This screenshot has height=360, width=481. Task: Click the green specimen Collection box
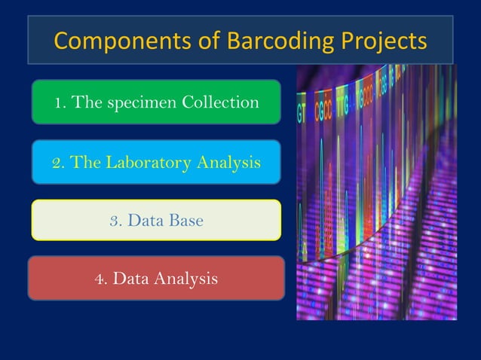pyautogui.click(x=156, y=102)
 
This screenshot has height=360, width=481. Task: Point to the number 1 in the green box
pyautogui.click(x=57, y=102)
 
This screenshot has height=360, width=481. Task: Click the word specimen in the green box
pyautogui.click(x=140, y=102)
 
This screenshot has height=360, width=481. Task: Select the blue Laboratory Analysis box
pyautogui.click(x=156, y=162)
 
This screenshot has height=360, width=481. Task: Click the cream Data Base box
pyautogui.click(x=156, y=220)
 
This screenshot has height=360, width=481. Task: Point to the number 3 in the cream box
pyautogui.click(x=115, y=221)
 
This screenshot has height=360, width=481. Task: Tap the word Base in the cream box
pyautogui.click(x=185, y=221)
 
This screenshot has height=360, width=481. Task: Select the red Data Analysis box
pyautogui.click(x=156, y=279)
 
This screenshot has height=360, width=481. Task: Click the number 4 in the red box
pyautogui.click(x=99, y=279)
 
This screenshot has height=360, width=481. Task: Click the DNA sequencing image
pyautogui.click(x=376, y=192)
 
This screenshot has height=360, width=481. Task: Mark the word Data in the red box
pyautogui.click(x=130, y=279)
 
